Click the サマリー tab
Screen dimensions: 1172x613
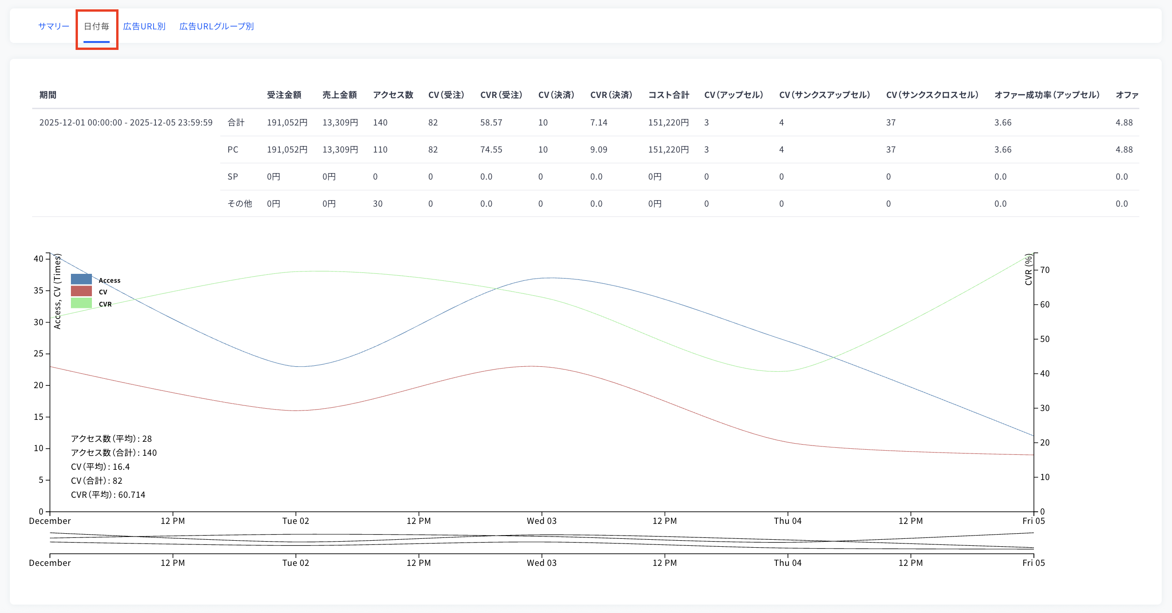coord(54,27)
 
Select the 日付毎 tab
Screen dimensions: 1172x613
coord(97,27)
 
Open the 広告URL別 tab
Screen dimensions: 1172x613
coord(144,27)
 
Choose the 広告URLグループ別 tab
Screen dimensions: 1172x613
coord(216,27)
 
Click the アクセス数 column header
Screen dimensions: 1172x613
coord(393,95)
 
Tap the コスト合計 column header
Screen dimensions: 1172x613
coord(669,95)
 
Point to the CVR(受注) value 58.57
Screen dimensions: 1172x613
coord(491,123)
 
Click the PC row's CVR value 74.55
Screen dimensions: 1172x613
coord(491,150)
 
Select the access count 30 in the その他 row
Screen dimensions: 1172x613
coord(378,204)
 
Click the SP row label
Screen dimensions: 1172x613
coord(233,177)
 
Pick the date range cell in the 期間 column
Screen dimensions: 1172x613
coord(126,123)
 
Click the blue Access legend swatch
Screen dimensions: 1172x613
coord(81,279)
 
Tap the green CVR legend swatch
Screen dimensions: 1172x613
coord(81,303)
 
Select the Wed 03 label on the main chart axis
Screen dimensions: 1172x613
coord(542,521)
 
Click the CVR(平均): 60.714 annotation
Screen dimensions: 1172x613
coord(108,495)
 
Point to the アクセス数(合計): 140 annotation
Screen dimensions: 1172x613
coord(114,453)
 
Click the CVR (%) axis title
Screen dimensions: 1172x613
coord(1028,270)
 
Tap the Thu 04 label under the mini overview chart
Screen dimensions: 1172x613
coord(788,563)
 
